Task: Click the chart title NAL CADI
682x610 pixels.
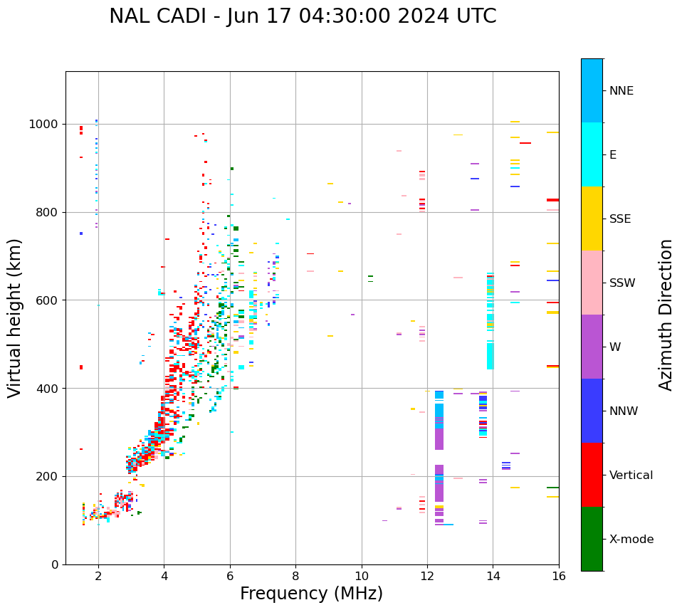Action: click(x=303, y=16)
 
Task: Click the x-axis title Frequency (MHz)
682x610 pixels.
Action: click(x=311, y=594)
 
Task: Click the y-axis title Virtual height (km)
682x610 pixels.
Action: click(x=15, y=317)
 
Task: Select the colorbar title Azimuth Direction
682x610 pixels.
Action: click(x=666, y=315)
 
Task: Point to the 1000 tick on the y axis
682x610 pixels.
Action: click(x=46, y=125)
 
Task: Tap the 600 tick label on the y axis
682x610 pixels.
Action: click(x=46, y=300)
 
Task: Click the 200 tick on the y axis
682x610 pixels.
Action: click(x=46, y=477)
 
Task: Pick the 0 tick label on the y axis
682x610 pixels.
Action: click(x=54, y=564)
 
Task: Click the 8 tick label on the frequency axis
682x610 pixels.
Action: click(x=295, y=576)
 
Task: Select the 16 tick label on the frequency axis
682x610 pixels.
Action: click(x=559, y=576)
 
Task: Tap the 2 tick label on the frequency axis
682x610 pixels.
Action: click(x=98, y=576)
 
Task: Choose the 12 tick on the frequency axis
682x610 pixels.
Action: click(x=427, y=576)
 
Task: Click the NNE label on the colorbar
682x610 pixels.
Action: click(x=621, y=91)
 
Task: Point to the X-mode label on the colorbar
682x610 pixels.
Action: click(x=631, y=540)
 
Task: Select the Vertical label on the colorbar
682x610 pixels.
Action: click(x=631, y=475)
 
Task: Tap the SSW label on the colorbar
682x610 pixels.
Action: click(x=622, y=283)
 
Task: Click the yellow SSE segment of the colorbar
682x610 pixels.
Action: click(x=592, y=219)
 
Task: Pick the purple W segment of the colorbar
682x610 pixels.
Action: click(x=592, y=347)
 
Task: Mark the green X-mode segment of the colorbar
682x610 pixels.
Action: click(x=592, y=539)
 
